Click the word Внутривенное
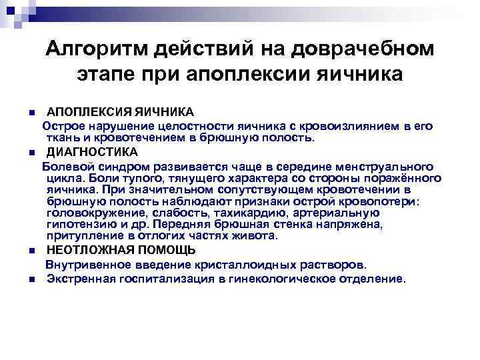pos(83,265)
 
